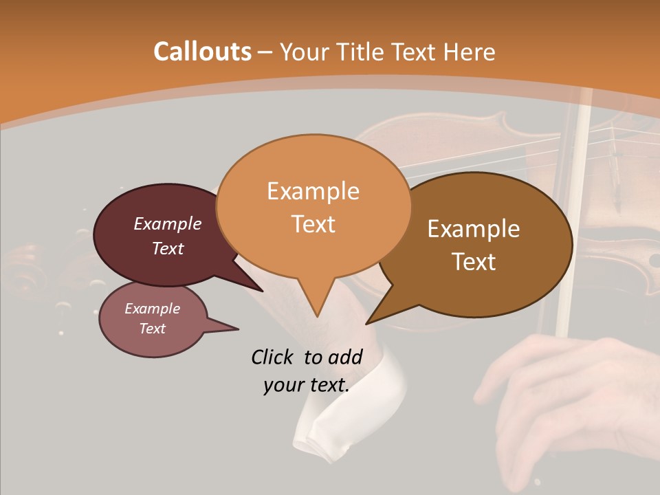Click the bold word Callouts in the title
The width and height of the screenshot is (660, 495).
[202, 52]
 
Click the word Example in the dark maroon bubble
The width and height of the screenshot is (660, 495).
[168, 223]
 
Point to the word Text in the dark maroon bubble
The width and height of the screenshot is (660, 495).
[168, 248]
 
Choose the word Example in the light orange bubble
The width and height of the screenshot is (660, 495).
[313, 191]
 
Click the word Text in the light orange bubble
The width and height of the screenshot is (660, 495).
[313, 224]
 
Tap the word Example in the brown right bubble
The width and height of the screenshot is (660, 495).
[474, 229]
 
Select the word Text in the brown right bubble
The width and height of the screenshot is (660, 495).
[474, 262]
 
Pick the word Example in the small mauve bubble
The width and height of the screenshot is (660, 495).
[153, 309]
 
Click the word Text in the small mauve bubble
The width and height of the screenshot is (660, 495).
[153, 329]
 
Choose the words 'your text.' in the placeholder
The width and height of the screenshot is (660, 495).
[307, 386]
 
